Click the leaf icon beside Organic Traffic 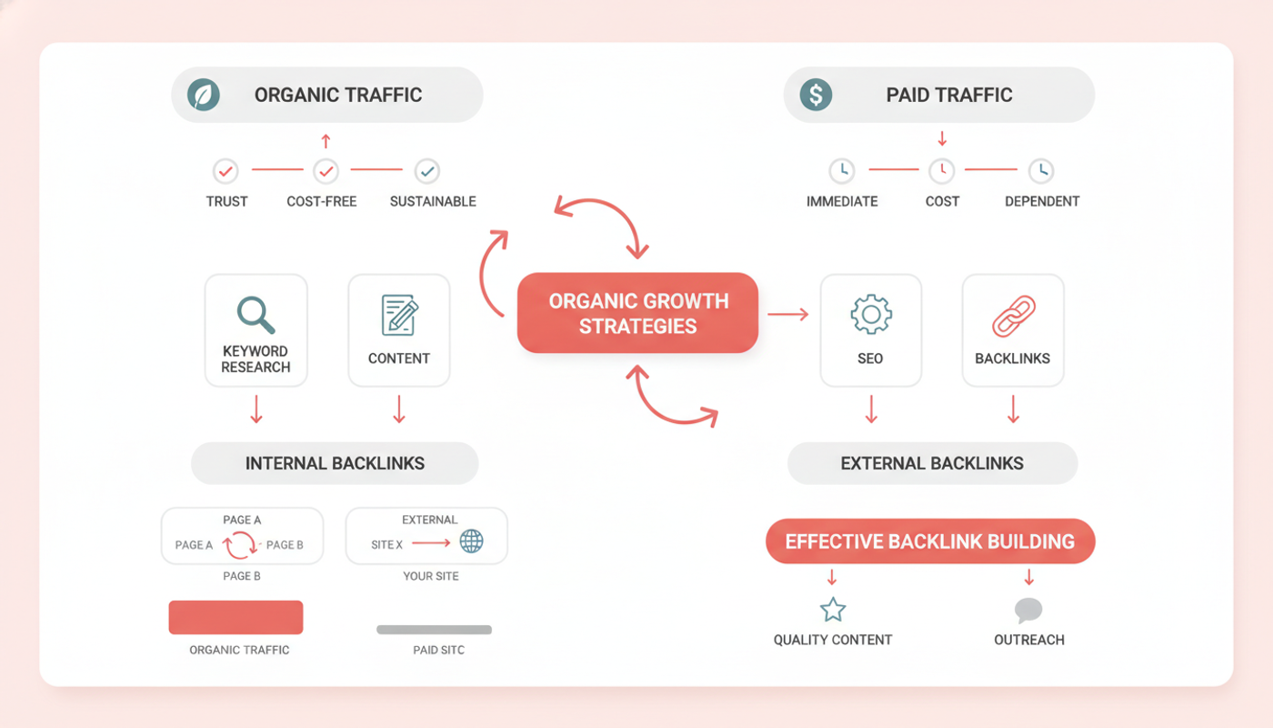click(x=204, y=95)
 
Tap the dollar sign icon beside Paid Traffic click(x=816, y=95)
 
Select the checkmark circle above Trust click(x=226, y=171)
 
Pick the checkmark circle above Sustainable click(x=426, y=171)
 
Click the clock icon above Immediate click(x=842, y=171)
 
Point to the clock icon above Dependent click(x=1041, y=171)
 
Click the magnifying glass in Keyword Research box click(x=256, y=315)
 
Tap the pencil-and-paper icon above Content click(x=399, y=315)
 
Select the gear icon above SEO click(x=871, y=314)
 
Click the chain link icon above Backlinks click(x=1013, y=317)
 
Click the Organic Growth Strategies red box click(x=637, y=313)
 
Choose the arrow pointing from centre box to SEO click(x=787, y=314)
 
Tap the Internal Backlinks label click(x=335, y=463)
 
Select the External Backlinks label click(x=932, y=463)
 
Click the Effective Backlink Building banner click(x=930, y=541)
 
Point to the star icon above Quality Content click(x=833, y=610)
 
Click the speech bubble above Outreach click(x=1028, y=611)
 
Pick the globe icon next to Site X click(x=471, y=541)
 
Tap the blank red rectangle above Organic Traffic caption click(x=236, y=617)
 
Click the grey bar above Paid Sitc click(x=435, y=630)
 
